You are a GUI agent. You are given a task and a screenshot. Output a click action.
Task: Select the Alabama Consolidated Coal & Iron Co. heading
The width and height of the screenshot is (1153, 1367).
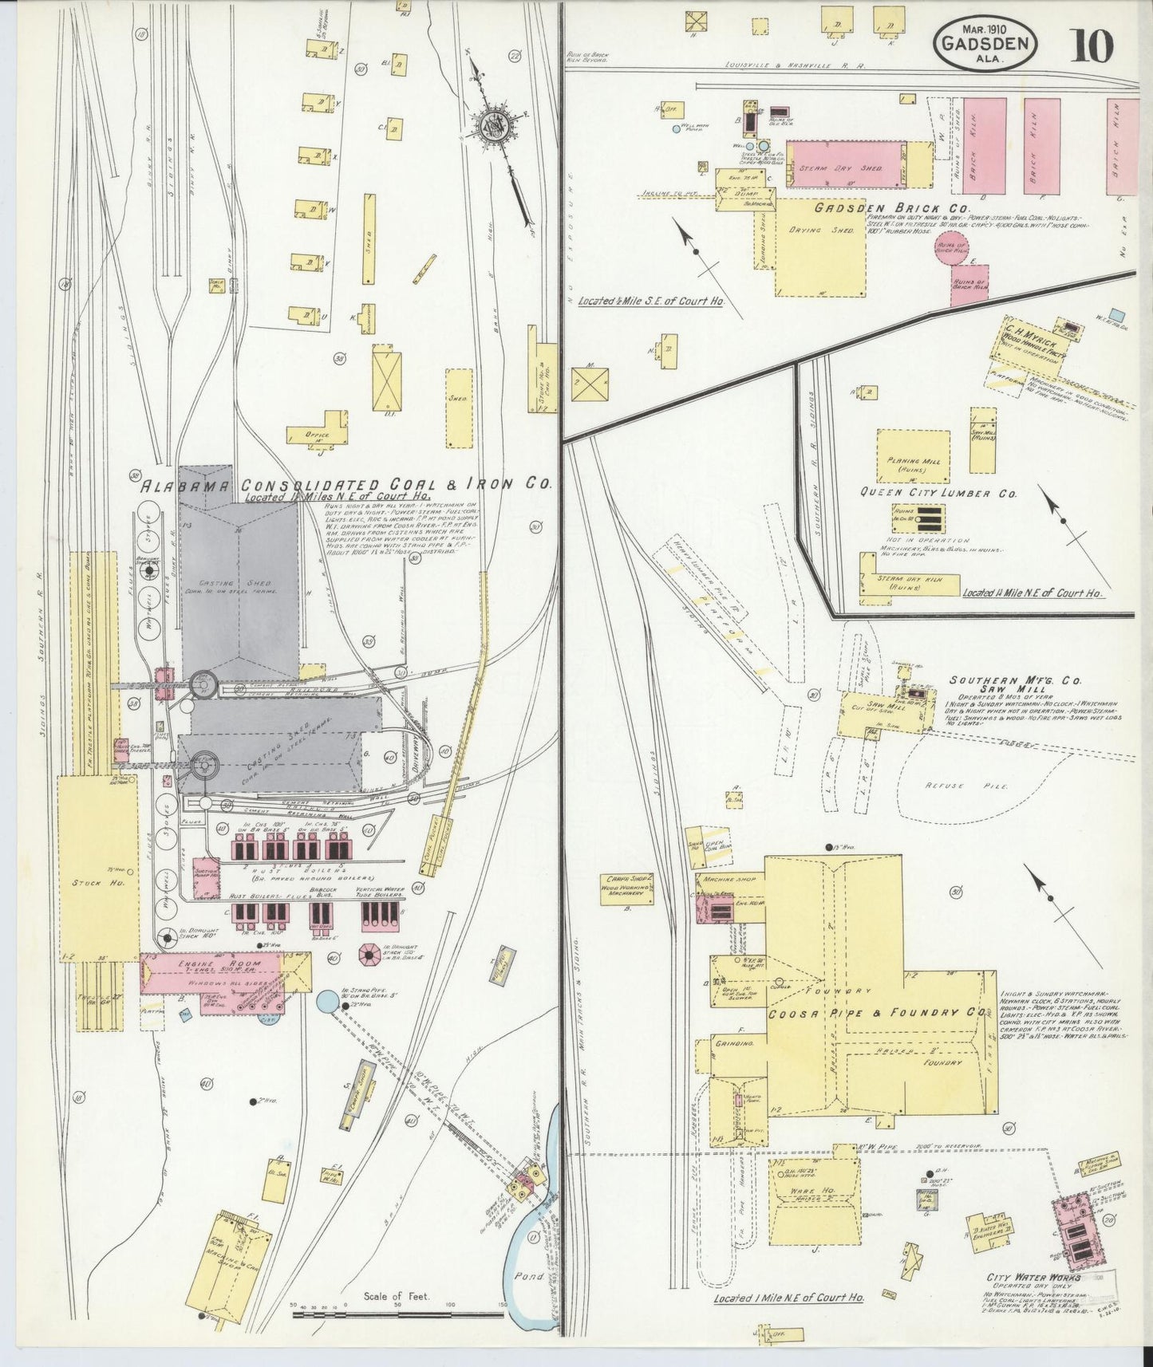click(346, 485)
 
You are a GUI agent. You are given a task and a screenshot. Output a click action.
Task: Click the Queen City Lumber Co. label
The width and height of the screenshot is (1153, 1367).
click(938, 494)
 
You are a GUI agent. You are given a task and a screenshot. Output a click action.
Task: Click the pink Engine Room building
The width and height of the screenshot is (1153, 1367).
click(211, 973)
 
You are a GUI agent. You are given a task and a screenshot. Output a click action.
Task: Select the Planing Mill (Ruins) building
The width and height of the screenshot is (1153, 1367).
click(913, 458)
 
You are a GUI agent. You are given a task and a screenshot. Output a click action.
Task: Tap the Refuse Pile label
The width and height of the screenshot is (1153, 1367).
click(968, 786)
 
